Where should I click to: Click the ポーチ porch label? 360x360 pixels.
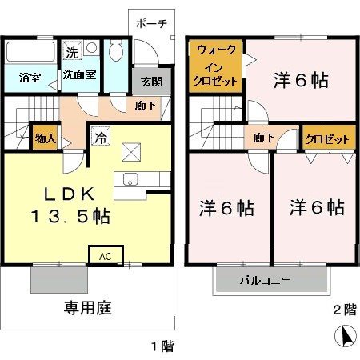click(x=151, y=23)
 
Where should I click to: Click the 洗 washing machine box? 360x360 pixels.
click(x=72, y=53)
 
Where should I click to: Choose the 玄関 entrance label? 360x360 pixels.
click(x=152, y=82)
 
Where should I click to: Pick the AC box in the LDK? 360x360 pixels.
click(x=106, y=256)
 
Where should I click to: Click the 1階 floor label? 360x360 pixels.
click(x=161, y=346)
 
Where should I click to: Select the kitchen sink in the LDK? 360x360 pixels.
click(x=130, y=178)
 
